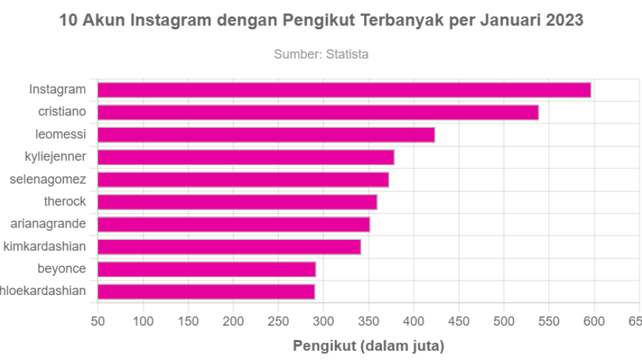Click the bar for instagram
[x=344, y=90]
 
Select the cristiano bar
[x=318, y=113]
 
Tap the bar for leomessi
[x=266, y=135]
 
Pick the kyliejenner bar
[x=246, y=157]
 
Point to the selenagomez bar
[x=243, y=180]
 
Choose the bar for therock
[x=237, y=202]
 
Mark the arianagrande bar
[x=233, y=225]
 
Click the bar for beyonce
[x=207, y=269]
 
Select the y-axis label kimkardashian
[x=45, y=247]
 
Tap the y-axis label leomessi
[x=60, y=135]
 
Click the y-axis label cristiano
[x=62, y=112]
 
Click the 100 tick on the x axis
[x=143, y=322]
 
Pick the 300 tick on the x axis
[x=324, y=322]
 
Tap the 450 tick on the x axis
[x=459, y=322]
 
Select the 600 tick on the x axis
[x=594, y=322]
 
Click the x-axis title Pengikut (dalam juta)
[x=368, y=346]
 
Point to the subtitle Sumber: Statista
[x=321, y=54]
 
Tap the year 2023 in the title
[x=564, y=20]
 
